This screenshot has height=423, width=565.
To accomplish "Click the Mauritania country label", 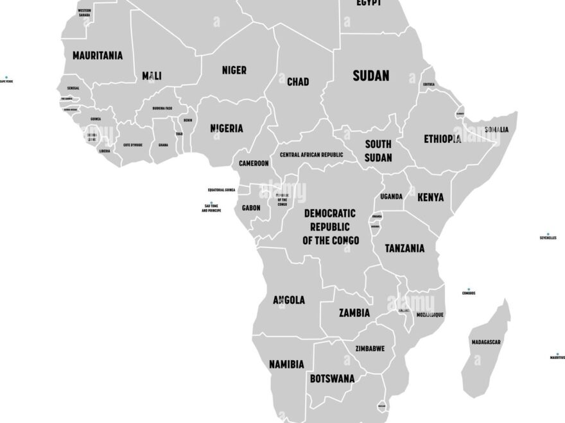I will [97, 56].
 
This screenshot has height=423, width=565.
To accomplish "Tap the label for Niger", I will [234, 70].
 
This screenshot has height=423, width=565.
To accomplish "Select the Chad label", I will [297, 81].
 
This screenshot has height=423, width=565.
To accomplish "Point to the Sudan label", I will [370, 76].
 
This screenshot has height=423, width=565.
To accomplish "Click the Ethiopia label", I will [442, 138].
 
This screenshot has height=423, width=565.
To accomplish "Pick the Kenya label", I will [430, 197].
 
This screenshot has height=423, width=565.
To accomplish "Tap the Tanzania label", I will [404, 248].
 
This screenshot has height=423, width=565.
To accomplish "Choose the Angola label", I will [289, 300].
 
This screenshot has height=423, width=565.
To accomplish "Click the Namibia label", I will [286, 364].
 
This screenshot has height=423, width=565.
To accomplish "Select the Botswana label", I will [332, 379].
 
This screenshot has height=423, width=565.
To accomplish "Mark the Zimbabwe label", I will [370, 349].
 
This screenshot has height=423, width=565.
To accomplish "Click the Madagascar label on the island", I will [485, 342].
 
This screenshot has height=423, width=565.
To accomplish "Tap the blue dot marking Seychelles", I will [548, 234].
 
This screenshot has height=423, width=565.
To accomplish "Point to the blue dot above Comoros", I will [469, 289].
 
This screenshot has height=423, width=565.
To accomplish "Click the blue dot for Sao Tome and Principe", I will [211, 203].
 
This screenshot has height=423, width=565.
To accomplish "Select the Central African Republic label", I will [311, 154].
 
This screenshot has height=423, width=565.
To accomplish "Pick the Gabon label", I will [251, 208].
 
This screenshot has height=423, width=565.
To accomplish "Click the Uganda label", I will [391, 196].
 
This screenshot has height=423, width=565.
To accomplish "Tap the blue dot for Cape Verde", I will [6, 77].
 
